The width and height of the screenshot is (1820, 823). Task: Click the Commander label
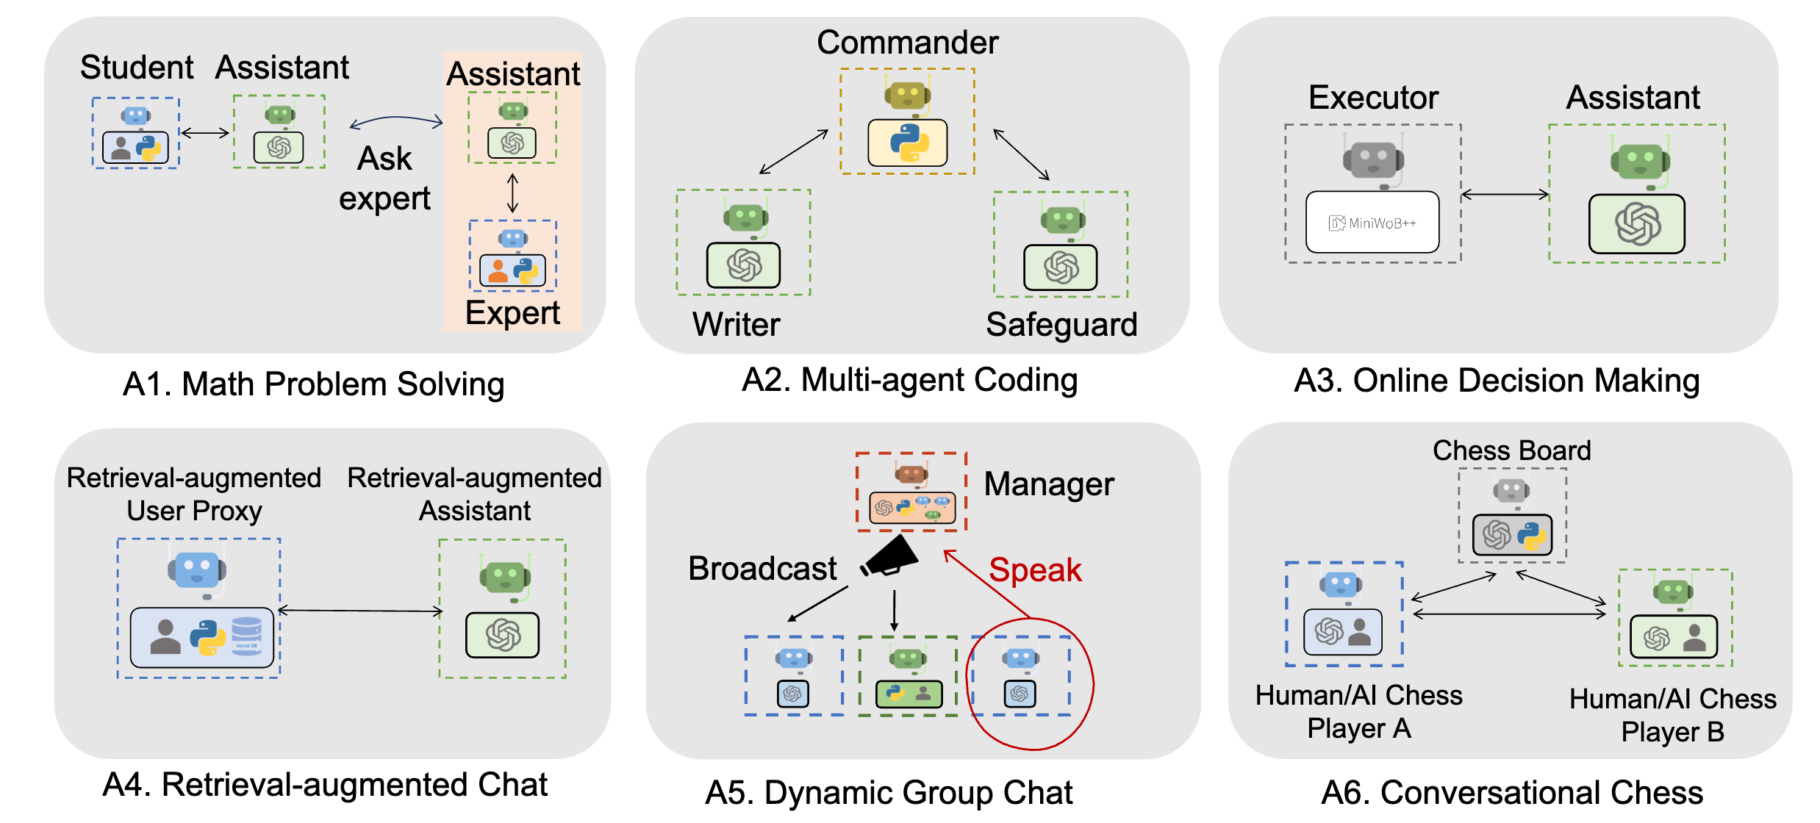coord(907,43)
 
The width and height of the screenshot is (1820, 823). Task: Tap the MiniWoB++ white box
coord(1372,223)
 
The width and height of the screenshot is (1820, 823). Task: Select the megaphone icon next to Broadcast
coord(891,556)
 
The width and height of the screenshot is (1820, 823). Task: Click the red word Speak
coord(1035,570)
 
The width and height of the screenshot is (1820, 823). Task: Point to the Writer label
coord(736,324)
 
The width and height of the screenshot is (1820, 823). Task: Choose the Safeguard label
coord(1061,324)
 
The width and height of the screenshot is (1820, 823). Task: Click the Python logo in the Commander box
coord(909,143)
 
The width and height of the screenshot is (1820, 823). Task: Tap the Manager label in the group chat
coord(1049,484)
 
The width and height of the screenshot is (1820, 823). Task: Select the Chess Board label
coord(1511,450)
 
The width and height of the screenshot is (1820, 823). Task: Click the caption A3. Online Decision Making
coord(1497,381)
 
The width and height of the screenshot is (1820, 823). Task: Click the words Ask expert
coord(384,179)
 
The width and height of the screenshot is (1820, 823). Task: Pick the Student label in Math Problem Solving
coord(137,68)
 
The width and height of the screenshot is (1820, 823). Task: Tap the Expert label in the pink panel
coord(512,313)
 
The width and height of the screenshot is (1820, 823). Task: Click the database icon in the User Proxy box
coord(246,636)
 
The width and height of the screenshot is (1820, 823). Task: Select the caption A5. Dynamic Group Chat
coord(889,793)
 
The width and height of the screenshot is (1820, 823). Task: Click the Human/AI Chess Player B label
coord(1672,715)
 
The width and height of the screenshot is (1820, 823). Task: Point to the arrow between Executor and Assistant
coord(1505,195)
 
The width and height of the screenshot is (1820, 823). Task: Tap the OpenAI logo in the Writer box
coord(744,265)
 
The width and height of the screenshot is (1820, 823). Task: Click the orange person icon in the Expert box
coord(498,271)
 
